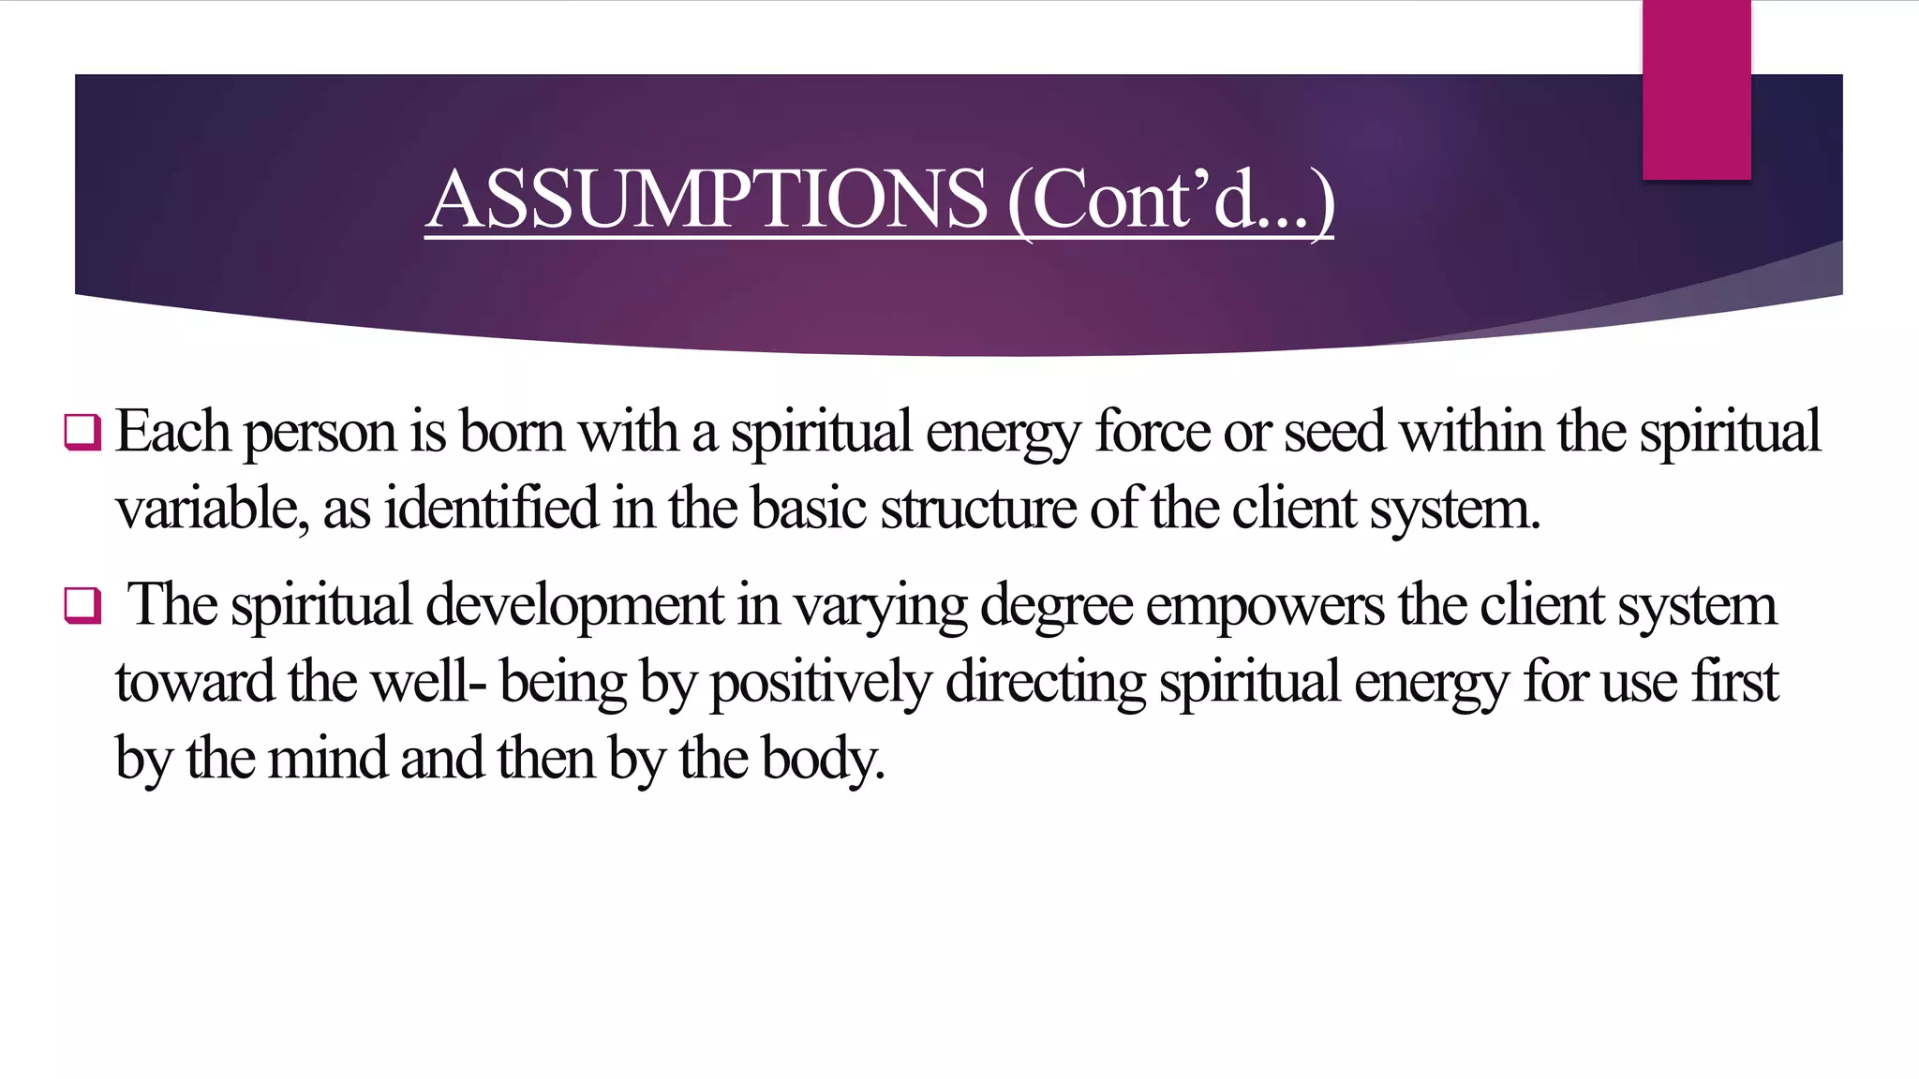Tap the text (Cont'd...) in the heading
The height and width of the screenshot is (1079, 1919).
point(1170,200)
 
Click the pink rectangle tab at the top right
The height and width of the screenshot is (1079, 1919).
point(1696,90)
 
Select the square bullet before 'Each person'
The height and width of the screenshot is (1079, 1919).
point(82,433)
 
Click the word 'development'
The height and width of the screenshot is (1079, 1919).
point(574,606)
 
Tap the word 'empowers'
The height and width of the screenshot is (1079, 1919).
point(1264,608)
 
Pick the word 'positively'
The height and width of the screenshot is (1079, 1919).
point(821,684)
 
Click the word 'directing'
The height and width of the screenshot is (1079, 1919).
point(1046,684)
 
